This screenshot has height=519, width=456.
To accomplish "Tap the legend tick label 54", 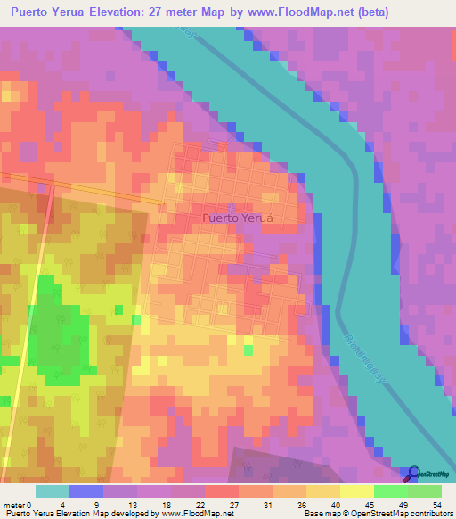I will pyautogui.click(x=436, y=504).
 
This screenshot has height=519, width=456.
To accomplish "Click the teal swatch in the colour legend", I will pyautogui.click(x=53, y=491).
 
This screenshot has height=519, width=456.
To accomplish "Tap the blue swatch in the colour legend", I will pyautogui.click(x=86, y=491).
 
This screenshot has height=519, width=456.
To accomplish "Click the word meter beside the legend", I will pyautogui.click(x=15, y=504).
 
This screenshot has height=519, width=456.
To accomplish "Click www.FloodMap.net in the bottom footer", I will pyautogui.click(x=196, y=514).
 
